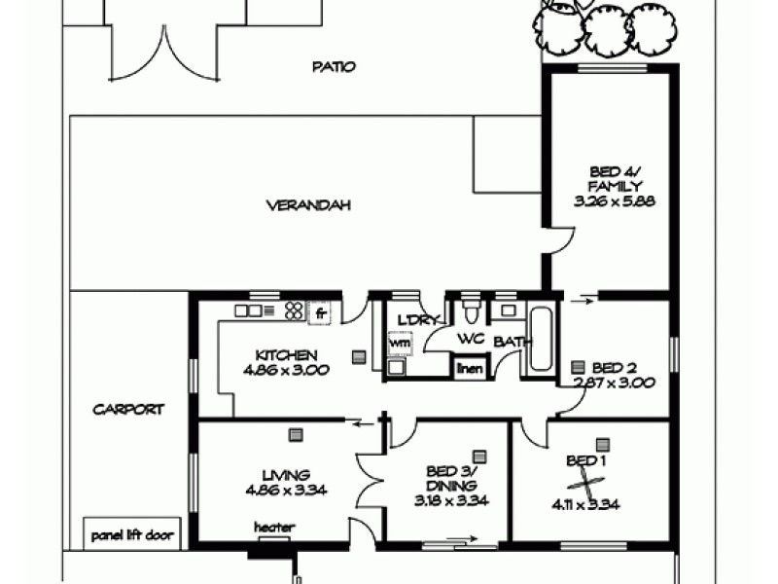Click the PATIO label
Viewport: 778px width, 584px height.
(x=334, y=67)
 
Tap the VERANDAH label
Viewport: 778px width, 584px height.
(x=306, y=205)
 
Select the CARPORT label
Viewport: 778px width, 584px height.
(x=128, y=410)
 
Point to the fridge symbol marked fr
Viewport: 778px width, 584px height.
(x=320, y=313)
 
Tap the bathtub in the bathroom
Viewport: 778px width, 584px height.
(x=541, y=337)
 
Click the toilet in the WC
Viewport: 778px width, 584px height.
(x=471, y=310)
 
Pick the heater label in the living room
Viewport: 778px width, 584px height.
(x=273, y=528)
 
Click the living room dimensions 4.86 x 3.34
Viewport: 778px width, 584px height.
(x=287, y=490)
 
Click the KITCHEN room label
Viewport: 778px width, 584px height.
(x=286, y=354)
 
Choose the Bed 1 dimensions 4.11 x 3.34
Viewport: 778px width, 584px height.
(x=587, y=504)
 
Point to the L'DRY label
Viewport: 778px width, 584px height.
(x=419, y=320)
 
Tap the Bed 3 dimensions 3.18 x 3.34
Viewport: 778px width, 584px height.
(x=452, y=501)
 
